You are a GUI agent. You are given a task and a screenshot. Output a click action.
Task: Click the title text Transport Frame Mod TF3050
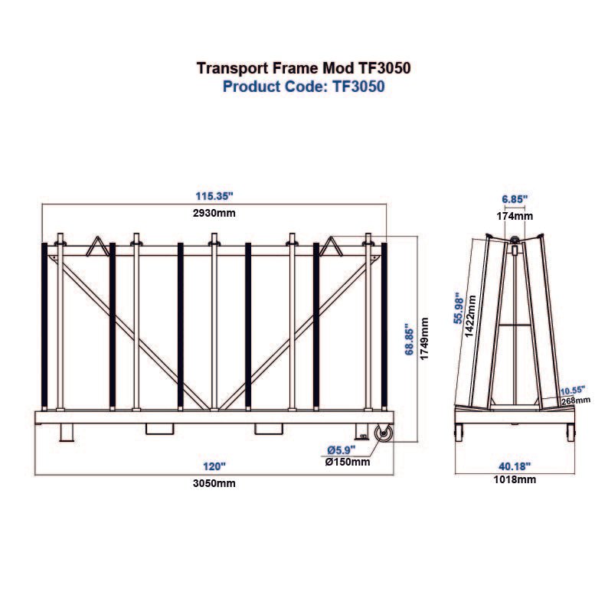click(304, 67)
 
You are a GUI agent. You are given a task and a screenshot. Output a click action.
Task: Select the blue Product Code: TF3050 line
click(303, 87)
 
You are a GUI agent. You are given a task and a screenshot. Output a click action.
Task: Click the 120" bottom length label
click(214, 466)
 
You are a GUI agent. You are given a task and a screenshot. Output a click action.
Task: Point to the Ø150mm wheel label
click(348, 462)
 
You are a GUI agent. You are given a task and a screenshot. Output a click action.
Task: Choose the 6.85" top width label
click(515, 199)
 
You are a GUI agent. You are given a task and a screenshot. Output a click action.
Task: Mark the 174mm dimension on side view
click(515, 216)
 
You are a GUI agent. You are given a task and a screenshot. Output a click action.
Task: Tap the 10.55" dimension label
click(571, 389)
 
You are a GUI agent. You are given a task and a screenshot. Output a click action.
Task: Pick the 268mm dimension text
click(575, 399)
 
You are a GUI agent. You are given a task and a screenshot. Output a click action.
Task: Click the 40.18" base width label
click(515, 466)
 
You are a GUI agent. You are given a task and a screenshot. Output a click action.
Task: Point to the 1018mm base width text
click(515, 480)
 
